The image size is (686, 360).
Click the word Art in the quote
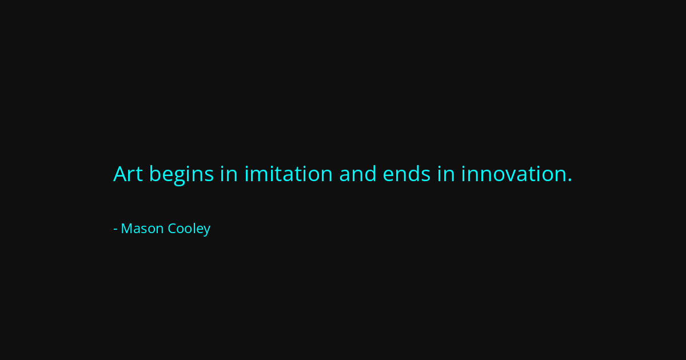tap(127, 174)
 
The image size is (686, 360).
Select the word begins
tap(181, 174)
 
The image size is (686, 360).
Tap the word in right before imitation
tap(229, 174)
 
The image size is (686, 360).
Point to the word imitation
tap(288, 174)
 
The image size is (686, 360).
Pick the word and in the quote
tap(358, 174)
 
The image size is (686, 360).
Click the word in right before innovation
tap(446, 174)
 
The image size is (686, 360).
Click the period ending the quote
tap(569, 181)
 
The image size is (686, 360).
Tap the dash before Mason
tap(115, 229)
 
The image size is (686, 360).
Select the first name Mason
tap(142, 229)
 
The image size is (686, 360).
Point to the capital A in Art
tap(120, 174)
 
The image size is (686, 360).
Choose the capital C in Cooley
tap(171, 229)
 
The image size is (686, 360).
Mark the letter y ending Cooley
tap(206, 231)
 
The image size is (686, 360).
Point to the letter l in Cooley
tap(194, 228)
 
